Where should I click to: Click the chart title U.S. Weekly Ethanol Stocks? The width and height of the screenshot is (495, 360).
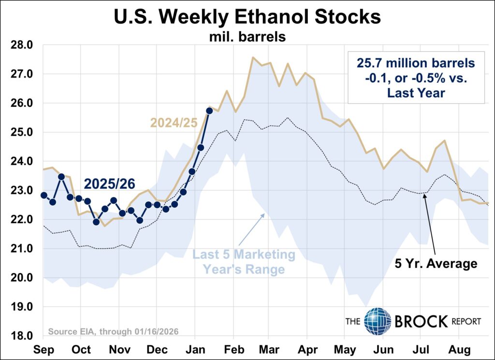(x=247, y=17)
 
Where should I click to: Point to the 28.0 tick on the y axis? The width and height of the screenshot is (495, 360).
(x=22, y=45)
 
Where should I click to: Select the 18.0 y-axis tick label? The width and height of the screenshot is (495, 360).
(x=22, y=335)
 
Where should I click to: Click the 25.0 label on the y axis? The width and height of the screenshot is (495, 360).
(x=22, y=132)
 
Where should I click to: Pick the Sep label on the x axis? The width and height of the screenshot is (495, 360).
(x=44, y=348)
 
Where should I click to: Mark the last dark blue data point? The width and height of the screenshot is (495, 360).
(x=209, y=111)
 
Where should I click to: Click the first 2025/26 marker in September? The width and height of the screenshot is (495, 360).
(x=44, y=195)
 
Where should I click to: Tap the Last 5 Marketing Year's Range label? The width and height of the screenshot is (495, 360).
(x=244, y=261)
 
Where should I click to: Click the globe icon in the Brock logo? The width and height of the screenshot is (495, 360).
(x=377, y=321)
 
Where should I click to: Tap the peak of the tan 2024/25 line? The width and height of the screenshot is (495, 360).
(x=253, y=57)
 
